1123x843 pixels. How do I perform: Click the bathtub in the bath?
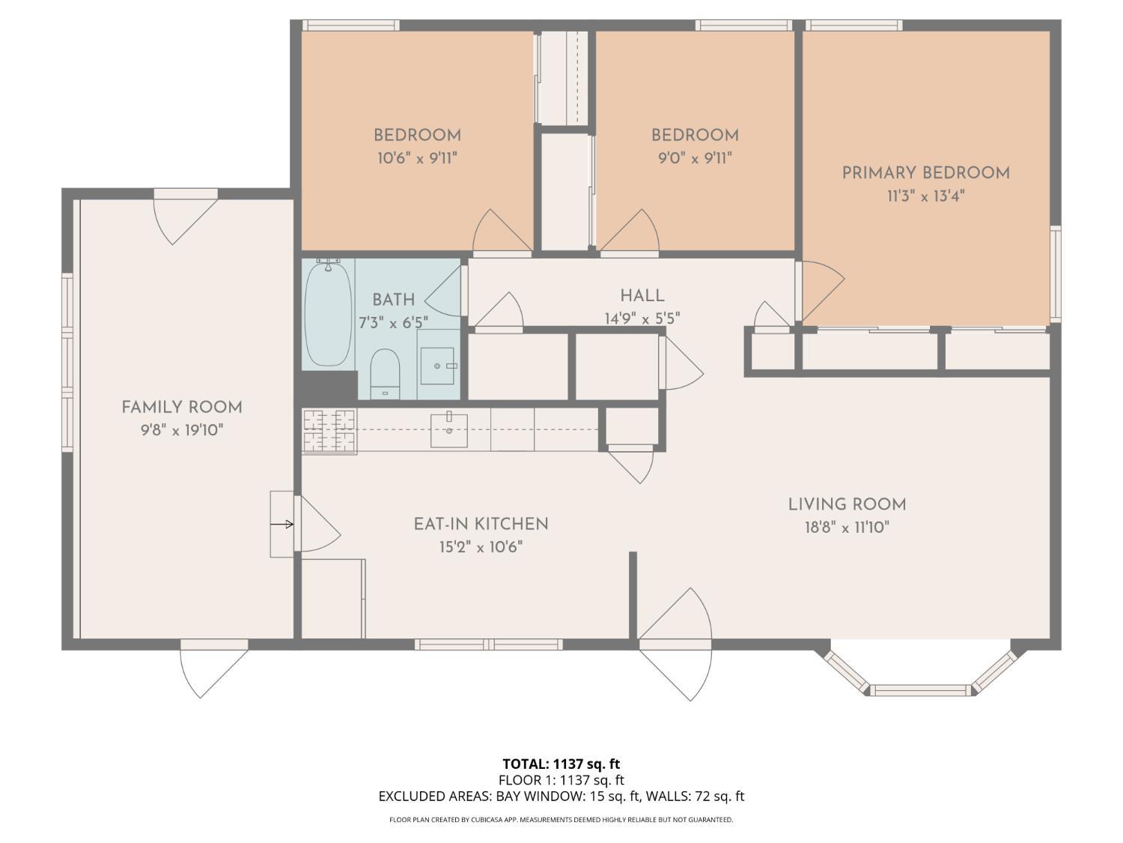[328, 312]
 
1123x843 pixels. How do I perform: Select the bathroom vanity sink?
[437, 366]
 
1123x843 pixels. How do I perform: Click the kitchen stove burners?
[329, 431]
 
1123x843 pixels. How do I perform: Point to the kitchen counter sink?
[448, 430]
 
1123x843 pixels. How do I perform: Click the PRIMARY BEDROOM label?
[926, 173]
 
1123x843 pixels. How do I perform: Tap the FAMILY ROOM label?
[182, 408]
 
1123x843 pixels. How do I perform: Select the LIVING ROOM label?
[847, 504]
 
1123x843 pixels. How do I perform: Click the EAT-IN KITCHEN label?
[481, 524]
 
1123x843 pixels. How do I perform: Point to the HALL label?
[642, 295]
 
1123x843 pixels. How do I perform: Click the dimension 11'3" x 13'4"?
[926, 196]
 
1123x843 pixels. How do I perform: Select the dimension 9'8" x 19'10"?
[182, 430]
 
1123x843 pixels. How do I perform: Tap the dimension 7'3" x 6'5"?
[393, 323]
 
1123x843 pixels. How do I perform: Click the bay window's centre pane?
[920, 690]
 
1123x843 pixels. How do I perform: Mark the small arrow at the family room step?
[282, 524]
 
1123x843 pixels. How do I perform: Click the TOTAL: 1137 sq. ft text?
[561, 764]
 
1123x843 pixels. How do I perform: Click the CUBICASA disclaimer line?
[561, 820]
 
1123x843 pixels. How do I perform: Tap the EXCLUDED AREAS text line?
[561, 797]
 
